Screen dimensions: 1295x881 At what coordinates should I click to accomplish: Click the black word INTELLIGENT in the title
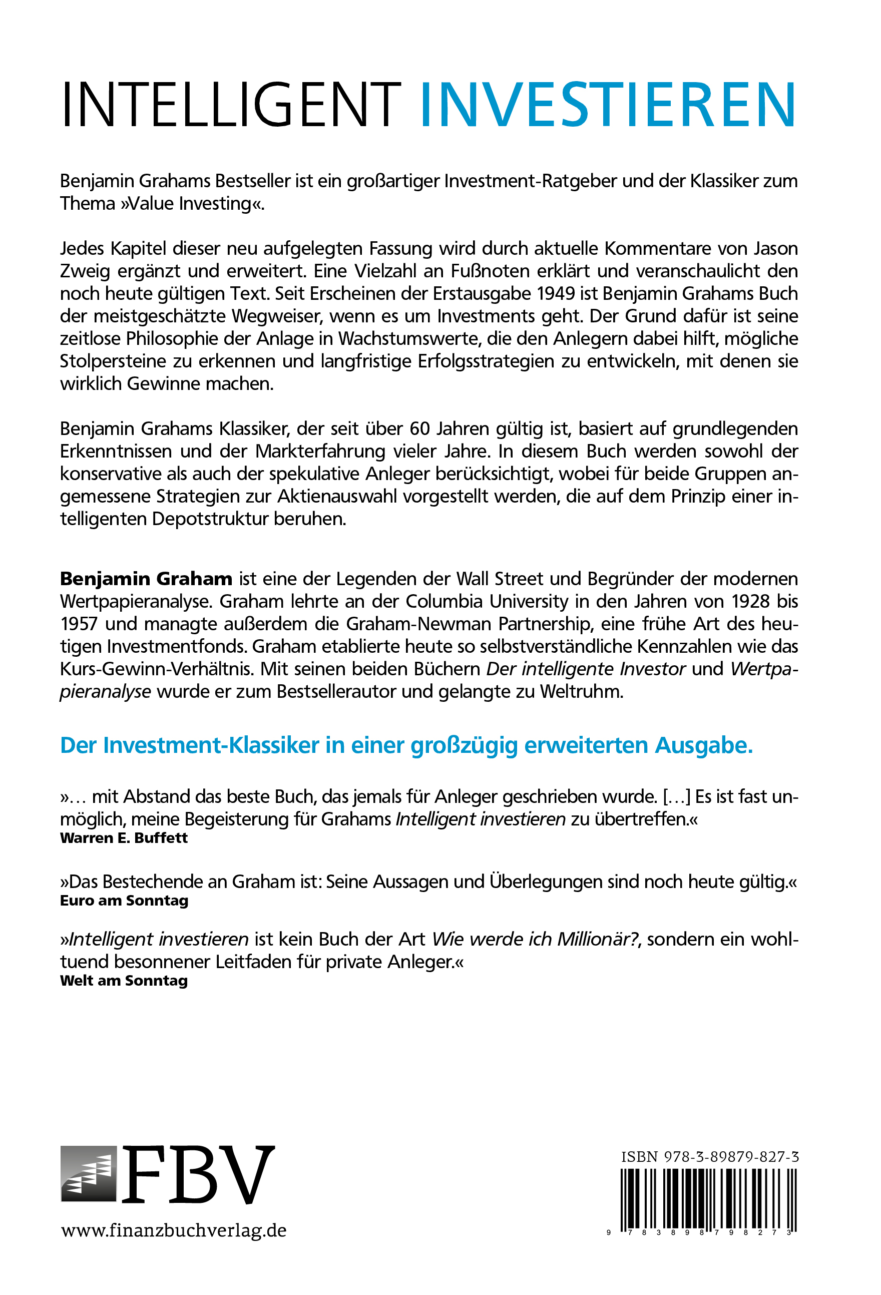click(x=231, y=105)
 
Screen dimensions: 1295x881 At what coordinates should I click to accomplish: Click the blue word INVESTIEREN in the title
click(x=607, y=105)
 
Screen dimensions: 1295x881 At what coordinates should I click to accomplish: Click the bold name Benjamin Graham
click(x=146, y=579)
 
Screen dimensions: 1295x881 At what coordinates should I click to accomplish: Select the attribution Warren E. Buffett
click(x=124, y=838)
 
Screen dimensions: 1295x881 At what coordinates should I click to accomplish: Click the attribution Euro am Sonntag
click(x=124, y=901)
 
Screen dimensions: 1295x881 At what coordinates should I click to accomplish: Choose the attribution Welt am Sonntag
click(x=124, y=981)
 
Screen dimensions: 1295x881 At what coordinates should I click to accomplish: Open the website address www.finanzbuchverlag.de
click(x=174, y=1230)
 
